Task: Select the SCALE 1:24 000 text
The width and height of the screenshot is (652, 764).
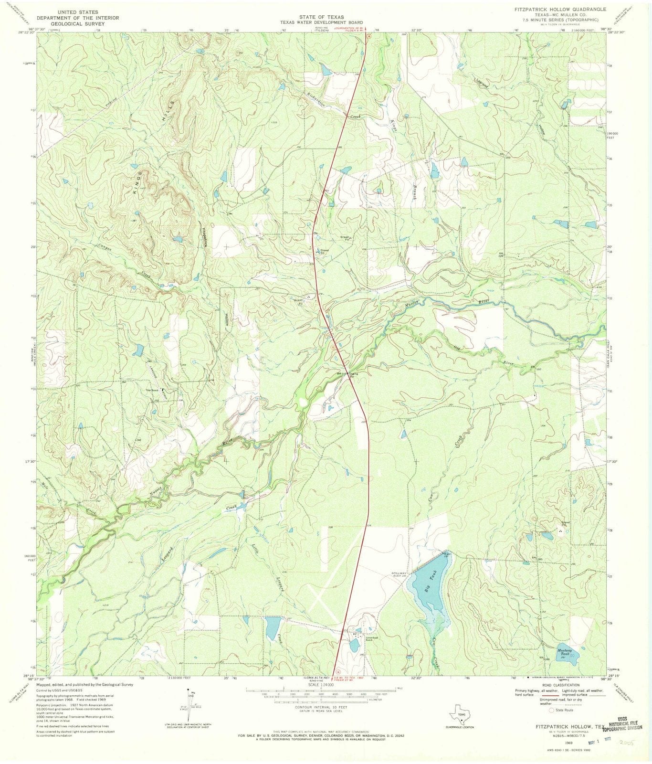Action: [319, 684]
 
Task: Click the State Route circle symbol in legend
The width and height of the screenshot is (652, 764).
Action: [551, 710]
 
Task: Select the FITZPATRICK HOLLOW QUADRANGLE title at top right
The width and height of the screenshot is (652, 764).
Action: [560, 9]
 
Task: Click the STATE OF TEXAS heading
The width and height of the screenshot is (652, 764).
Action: [321, 17]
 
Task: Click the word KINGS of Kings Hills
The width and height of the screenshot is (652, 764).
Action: [138, 182]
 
